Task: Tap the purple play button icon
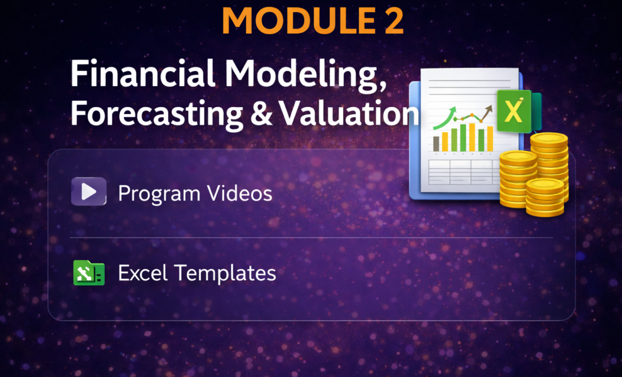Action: (x=89, y=192)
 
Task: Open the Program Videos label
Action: (x=195, y=193)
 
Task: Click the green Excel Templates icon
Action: (x=89, y=273)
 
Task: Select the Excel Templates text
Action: (x=197, y=273)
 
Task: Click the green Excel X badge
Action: (x=514, y=112)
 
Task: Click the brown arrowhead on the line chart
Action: (x=489, y=108)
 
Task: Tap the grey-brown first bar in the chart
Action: (x=436, y=144)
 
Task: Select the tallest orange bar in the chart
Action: (x=472, y=138)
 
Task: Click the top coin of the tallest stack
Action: (x=549, y=140)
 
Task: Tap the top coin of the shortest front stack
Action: (x=545, y=185)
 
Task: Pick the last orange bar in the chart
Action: (x=490, y=139)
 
